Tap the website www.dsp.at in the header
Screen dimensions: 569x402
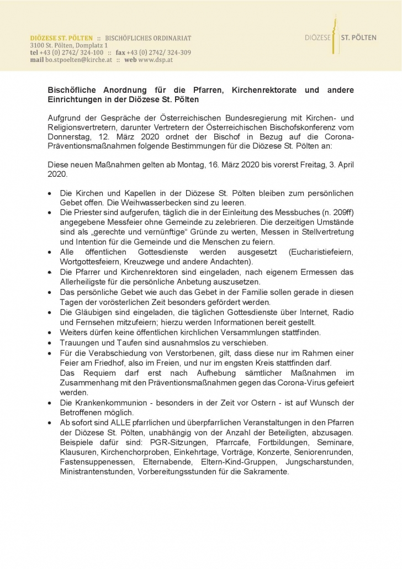(x=156, y=60)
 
